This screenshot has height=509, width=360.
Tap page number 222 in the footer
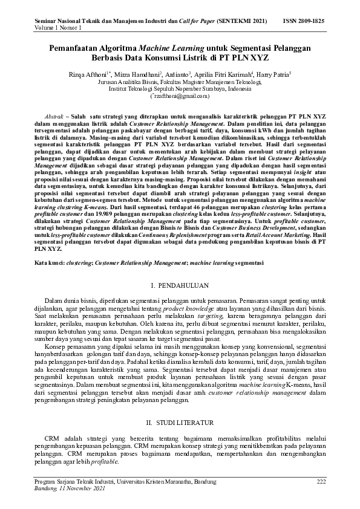321,481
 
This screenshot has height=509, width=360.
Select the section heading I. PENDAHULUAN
180,283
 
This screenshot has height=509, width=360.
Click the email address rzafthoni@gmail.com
180,96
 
